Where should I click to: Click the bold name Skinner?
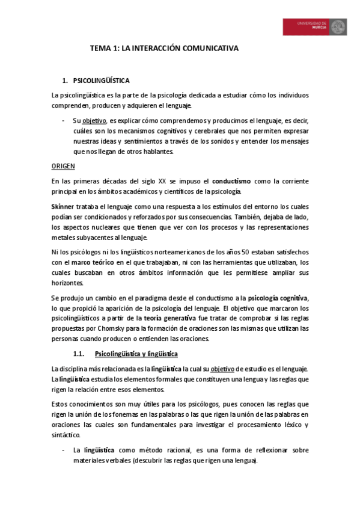[x=63, y=206]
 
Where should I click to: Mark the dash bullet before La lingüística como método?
[x=64, y=450]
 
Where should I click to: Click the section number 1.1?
[x=80, y=353]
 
